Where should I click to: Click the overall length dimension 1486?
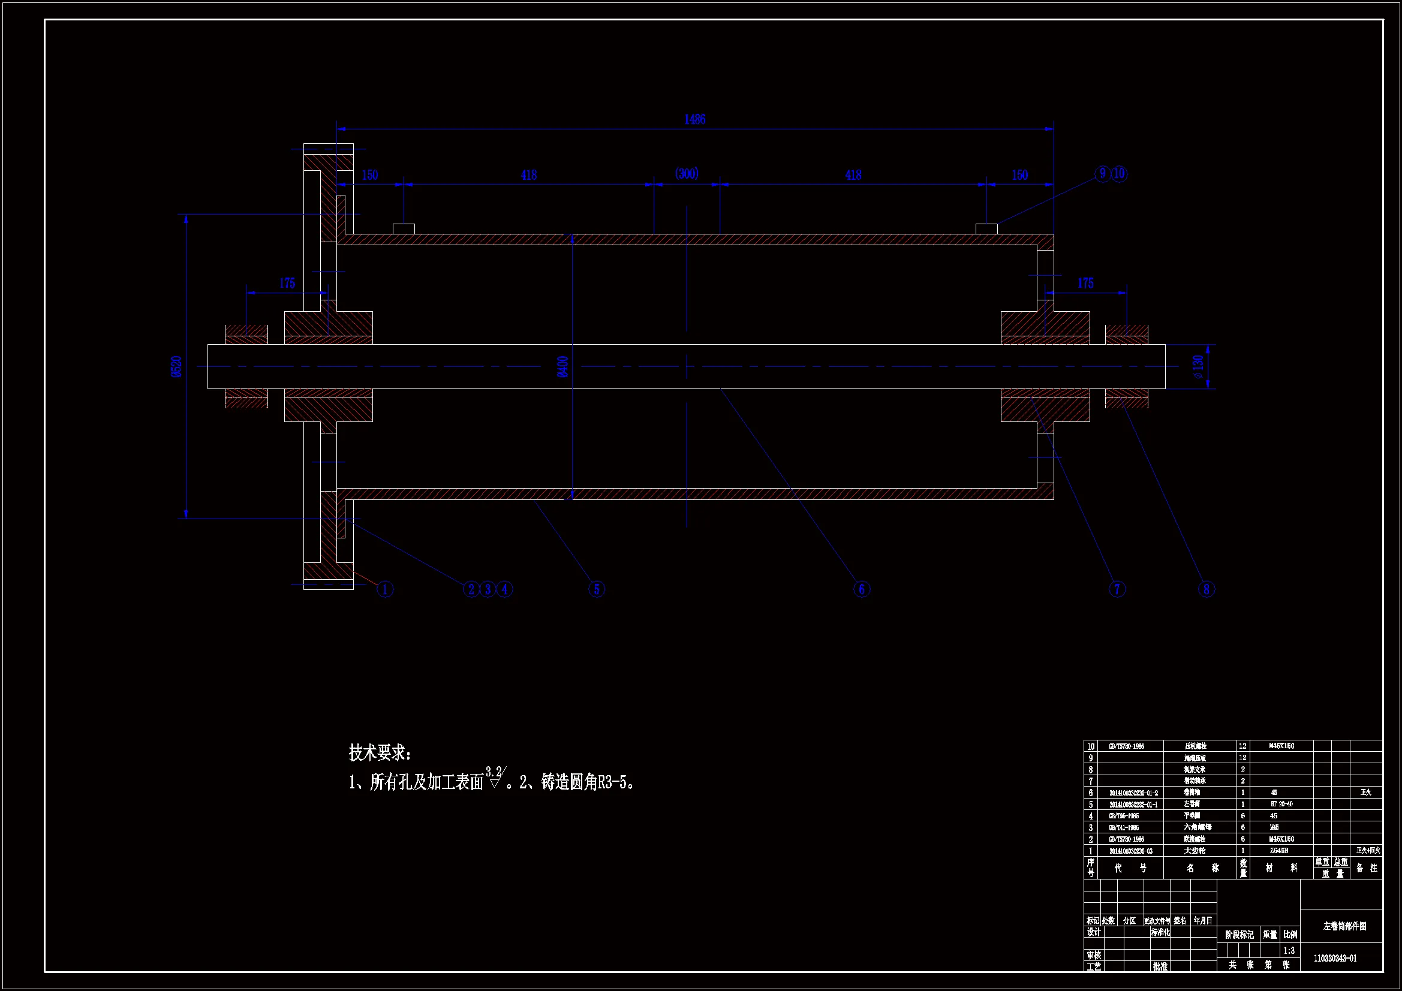click(x=694, y=120)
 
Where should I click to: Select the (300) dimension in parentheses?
click(x=687, y=174)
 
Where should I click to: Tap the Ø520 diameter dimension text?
click(x=176, y=366)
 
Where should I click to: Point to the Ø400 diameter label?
click(x=563, y=366)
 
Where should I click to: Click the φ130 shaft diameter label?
click(x=1198, y=366)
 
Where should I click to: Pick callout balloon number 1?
click(x=385, y=589)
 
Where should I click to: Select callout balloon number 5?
click(x=597, y=589)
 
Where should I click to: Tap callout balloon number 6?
click(x=862, y=589)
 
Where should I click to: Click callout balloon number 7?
click(x=1117, y=589)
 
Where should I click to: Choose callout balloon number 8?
click(x=1206, y=589)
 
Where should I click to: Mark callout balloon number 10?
click(x=1119, y=174)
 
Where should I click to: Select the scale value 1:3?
click(x=1289, y=951)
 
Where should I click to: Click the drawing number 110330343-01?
click(x=1335, y=959)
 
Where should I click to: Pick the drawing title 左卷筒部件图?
click(x=1344, y=926)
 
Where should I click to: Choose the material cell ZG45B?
click(x=1279, y=851)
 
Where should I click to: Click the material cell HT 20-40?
click(x=1281, y=804)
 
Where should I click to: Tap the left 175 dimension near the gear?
click(x=287, y=284)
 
